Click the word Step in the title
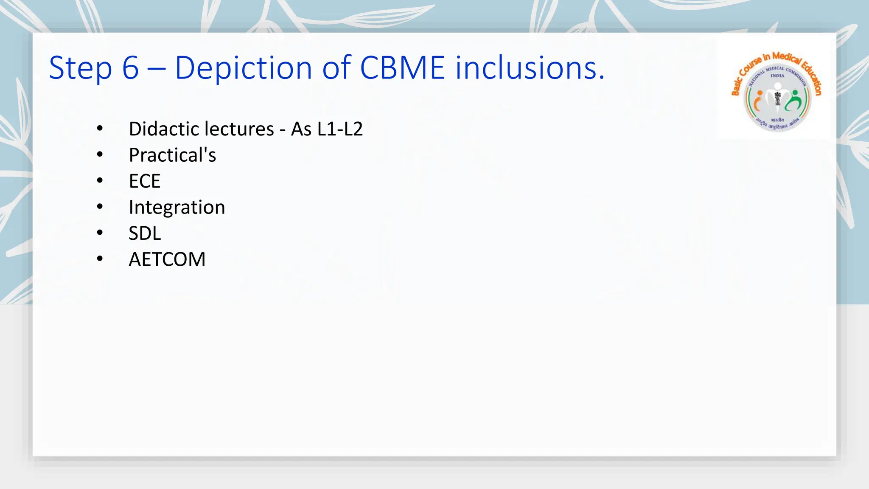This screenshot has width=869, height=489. pyautogui.click(x=80, y=68)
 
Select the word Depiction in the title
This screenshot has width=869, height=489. pyautogui.click(x=243, y=68)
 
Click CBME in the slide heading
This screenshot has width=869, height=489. pyautogui.click(x=402, y=68)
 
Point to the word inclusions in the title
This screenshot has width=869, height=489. pyautogui.click(x=530, y=68)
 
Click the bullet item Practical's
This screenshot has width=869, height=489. pyautogui.click(x=172, y=155)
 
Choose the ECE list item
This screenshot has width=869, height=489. pyautogui.click(x=144, y=181)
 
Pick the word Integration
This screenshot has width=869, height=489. pyautogui.click(x=177, y=208)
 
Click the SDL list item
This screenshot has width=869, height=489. pyautogui.click(x=145, y=233)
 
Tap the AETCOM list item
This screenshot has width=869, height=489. pyautogui.click(x=167, y=259)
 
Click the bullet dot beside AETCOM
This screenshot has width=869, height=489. pyautogui.click(x=100, y=259)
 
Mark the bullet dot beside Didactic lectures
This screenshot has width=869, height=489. pyautogui.click(x=100, y=128)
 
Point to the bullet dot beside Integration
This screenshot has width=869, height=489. pyautogui.click(x=100, y=207)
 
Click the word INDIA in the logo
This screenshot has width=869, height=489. pyautogui.click(x=777, y=76)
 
